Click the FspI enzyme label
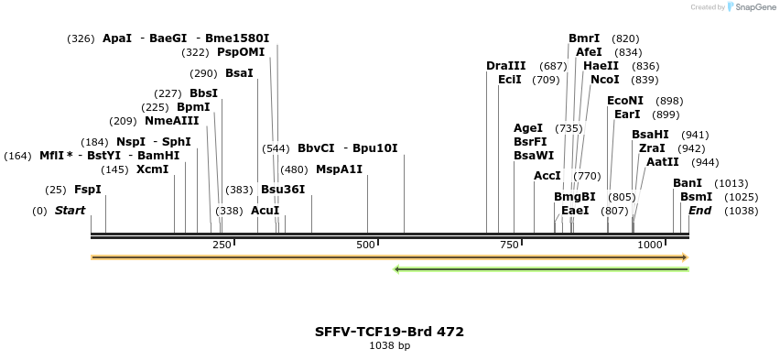88,190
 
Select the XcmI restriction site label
152,169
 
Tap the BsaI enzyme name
239,73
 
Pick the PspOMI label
241,52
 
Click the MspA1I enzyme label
339,169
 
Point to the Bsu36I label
283,190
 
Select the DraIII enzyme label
506,66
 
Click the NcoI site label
605,80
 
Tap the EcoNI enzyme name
625,101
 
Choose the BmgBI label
574,197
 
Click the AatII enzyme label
662,162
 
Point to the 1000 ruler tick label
650,245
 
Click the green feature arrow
540,269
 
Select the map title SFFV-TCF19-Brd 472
389,332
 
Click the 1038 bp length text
389,346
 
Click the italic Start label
70,211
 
